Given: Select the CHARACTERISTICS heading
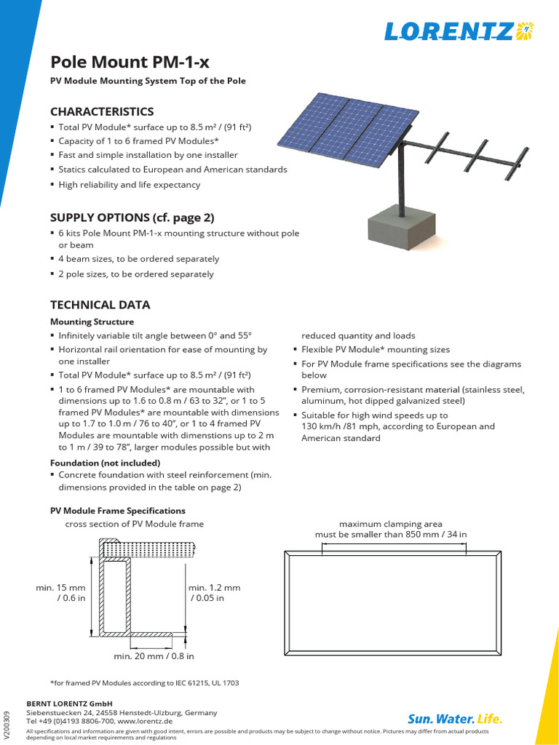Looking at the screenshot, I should point(102,111).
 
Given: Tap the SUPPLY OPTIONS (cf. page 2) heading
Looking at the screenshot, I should point(132,217).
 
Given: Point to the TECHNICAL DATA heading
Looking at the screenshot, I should point(100,305).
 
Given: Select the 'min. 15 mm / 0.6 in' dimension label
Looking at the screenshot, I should point(61,592).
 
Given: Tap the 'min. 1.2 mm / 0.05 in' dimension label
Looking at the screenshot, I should point(214,592).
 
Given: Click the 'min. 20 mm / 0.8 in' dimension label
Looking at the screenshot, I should point(154,656).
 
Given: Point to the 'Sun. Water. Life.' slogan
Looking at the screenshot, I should point(455,719).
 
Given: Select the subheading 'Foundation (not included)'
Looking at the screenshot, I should point(105,463).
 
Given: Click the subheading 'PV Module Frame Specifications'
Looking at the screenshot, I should point(117,511).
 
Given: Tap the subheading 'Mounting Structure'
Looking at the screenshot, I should point(92,322).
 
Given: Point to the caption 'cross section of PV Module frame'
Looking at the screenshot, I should point(134,524).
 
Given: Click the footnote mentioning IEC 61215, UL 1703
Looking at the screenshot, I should point(144,683).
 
